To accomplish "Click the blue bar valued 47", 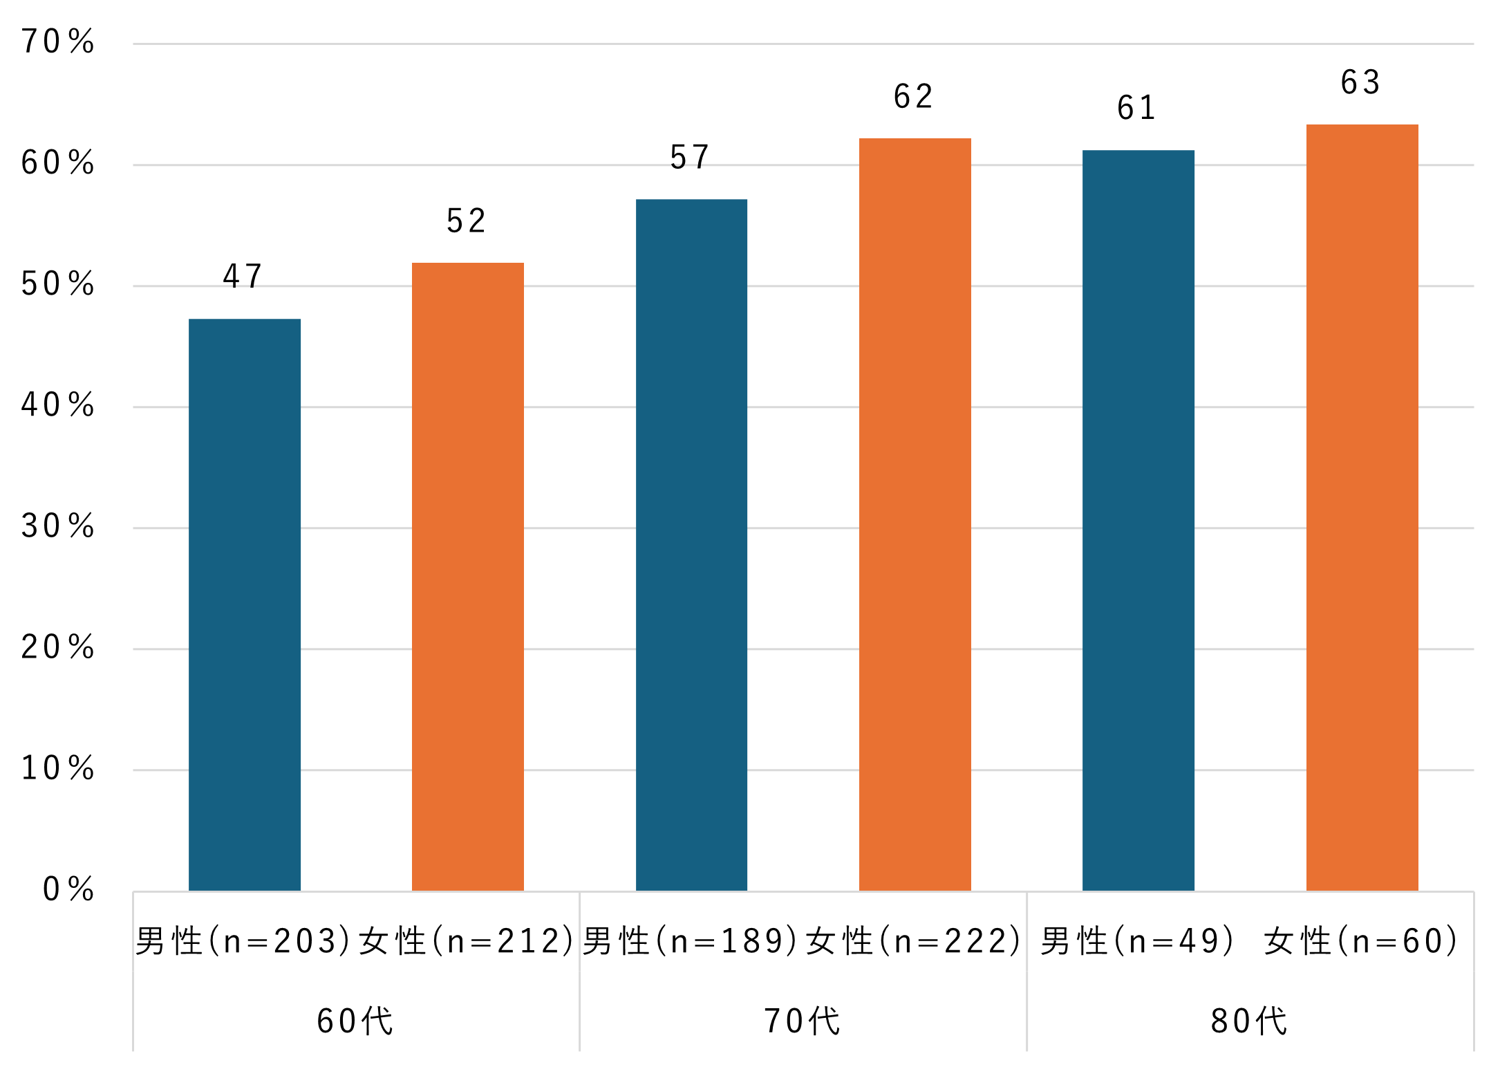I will (245, 604).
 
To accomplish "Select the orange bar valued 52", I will (468, 576).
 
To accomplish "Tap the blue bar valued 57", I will (691, 545).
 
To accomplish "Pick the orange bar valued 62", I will (915, 514).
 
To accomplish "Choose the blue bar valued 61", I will (1138, 520).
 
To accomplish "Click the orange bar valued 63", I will (1362, 508).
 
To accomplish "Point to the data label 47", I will (243, 277).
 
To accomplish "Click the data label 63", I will (1360, 83).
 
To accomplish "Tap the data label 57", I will (690, 158).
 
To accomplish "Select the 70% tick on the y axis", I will (58, 42).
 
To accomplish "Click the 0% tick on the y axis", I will (68, 889).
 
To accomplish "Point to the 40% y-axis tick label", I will (58, 405).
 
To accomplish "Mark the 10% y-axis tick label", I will (58, 768).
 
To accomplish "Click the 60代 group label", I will (355, 1021).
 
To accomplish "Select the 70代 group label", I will (803, 1021).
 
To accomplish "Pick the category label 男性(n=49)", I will (1138, 941).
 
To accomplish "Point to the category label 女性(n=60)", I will (1361, 941).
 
